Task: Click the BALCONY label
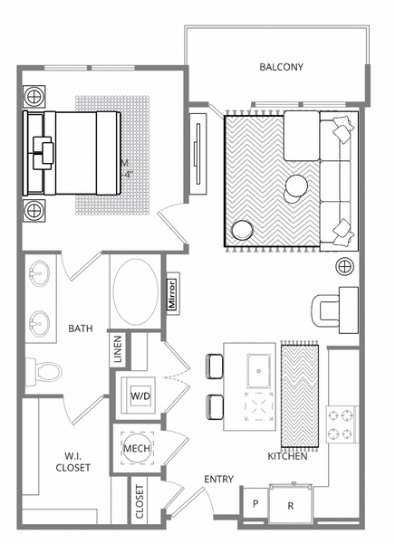point(281,67)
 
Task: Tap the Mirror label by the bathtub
point(174,294)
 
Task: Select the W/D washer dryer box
point(140,395)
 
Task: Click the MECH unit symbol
point(136,448)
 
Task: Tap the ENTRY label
point(219,479)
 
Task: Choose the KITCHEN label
point(287,456)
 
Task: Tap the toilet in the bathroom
point(45,370)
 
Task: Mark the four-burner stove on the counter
point(344,424)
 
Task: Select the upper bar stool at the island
point(214,365)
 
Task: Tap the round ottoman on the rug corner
point(243,231)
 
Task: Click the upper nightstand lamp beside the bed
point(34,95)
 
